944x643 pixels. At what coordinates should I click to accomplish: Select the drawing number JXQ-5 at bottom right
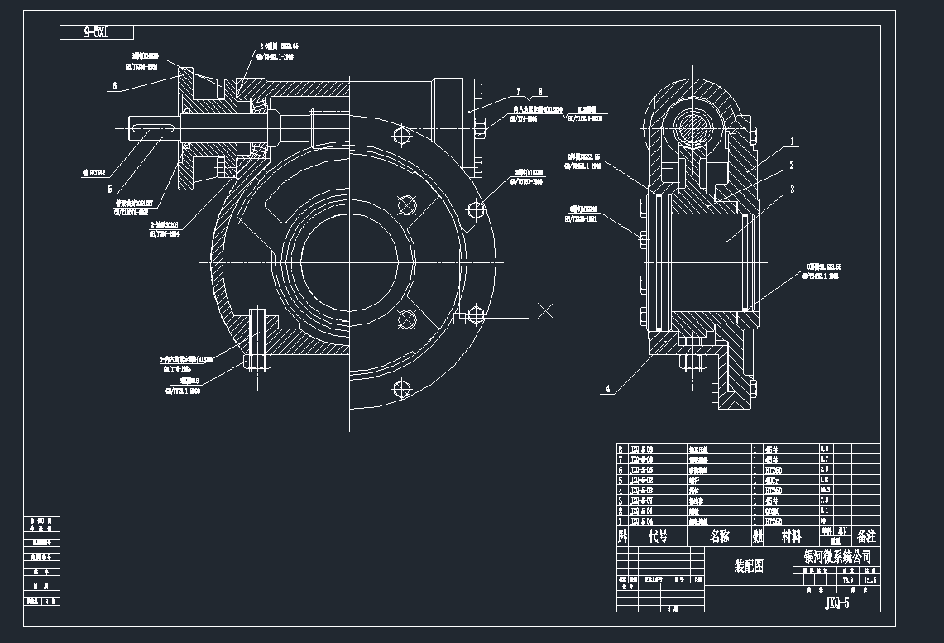[x=836, y=602]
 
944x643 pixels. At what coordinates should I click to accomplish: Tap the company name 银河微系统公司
[x=837, y=556]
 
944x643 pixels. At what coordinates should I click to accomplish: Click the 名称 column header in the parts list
[x=719, y=536]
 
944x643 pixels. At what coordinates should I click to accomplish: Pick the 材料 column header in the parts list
[x=792, y=536]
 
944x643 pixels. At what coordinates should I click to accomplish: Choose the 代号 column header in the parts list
[x=658, y=536]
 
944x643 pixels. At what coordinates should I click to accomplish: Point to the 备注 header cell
[x=866, y=536]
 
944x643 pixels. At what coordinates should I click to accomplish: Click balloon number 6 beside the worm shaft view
[x=115, y=85]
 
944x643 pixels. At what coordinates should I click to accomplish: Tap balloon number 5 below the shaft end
[x=108, y=189]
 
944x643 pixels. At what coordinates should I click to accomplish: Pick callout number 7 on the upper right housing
[x=518, y=91]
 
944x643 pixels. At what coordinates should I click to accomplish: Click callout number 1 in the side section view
[x=792, y=142]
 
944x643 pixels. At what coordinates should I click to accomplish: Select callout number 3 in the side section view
[x=792, y=190]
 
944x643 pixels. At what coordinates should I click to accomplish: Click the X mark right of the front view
[x=545, y=311]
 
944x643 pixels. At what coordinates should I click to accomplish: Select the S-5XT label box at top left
[x=97, y=32]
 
